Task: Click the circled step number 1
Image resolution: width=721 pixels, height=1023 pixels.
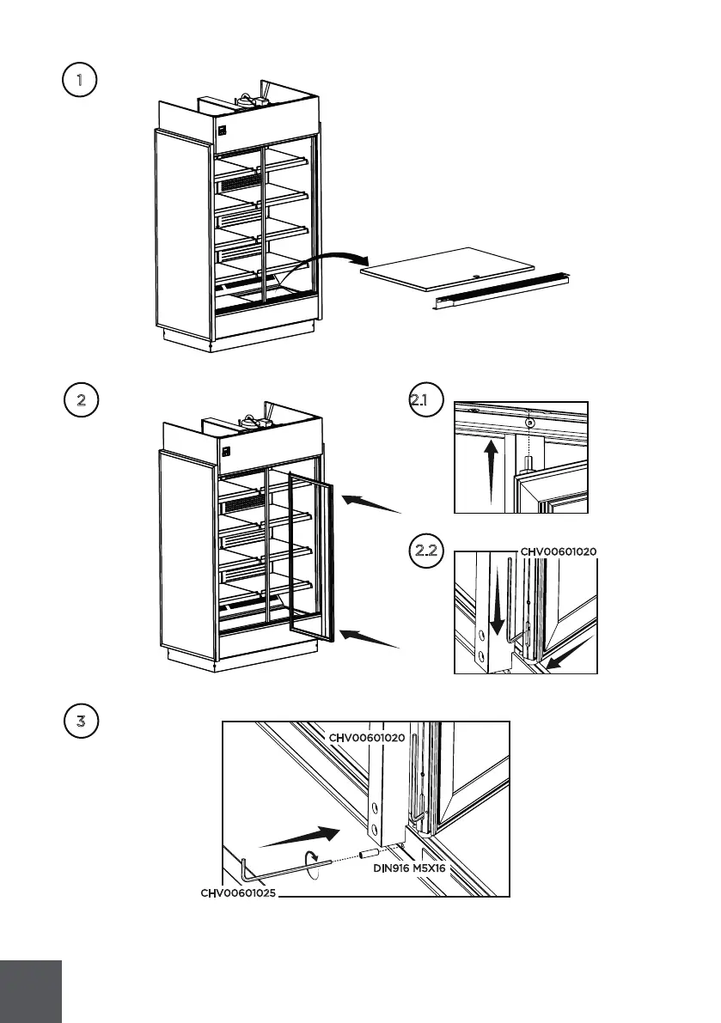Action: tap(80, 80)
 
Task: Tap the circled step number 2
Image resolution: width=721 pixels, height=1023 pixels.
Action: tap(81, 399)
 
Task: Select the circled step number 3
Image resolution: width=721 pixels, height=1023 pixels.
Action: tap(81, 721)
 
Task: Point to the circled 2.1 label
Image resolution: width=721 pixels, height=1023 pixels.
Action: tap(426, 399)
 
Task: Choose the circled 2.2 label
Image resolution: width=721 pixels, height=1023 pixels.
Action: tap(426, 551)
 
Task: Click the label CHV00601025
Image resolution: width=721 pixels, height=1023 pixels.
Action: tap(238, 893)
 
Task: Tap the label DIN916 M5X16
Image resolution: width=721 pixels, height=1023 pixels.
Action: tap(409, 868)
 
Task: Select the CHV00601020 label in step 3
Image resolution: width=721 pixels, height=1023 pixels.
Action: tap(367, 738)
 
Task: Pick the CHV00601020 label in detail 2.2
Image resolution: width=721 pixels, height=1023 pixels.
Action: tap(559, 552)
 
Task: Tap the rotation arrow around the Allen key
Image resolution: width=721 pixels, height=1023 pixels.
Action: tap(314, 864)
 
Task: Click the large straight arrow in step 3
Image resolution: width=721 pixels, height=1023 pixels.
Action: tap(300, 837)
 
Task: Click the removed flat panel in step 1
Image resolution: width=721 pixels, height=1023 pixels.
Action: tap(448, 269)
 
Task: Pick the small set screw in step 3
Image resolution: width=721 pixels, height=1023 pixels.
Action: tap(370, 854)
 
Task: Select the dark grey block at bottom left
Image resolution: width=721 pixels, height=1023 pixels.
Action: tap(31, 992)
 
